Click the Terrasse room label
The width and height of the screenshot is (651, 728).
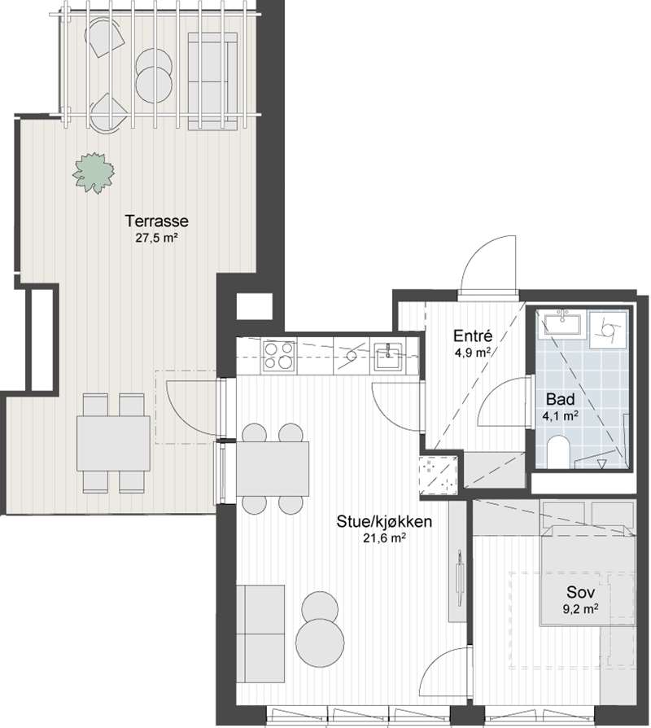tap(157, 221)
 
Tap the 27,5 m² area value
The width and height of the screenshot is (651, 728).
tap(157, 238)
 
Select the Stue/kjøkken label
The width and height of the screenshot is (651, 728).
tap(384, 521)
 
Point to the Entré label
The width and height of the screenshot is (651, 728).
tap(473, 335)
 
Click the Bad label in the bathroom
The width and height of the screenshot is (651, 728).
tap(560, 399)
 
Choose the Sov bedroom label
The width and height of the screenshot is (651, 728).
tap(580, 593)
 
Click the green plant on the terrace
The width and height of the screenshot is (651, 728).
tap(94, 173)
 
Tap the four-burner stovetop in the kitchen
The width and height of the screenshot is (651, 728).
tap(279, 356)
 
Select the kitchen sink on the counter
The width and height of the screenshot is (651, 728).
tap(389, 357)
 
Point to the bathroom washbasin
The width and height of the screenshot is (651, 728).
tap(562, 323)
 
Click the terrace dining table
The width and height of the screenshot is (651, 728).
tap(113, 443)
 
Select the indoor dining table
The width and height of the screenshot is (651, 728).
tap(273, 468)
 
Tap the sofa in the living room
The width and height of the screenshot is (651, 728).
tap(260, 634)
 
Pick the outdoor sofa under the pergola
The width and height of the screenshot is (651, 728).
tap(213, 81)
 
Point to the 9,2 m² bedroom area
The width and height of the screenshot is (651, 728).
tap(580, 609)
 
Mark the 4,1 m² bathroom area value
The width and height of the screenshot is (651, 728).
tap(560, 415)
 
